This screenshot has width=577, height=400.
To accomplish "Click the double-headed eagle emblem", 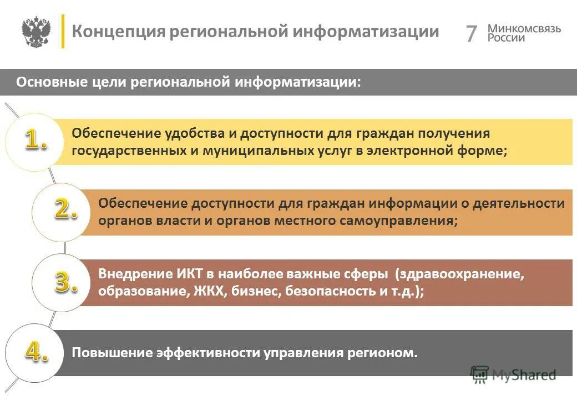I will pos(36,32).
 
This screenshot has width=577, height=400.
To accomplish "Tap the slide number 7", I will pos(471,34).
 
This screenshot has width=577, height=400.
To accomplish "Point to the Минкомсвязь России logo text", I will pos(524,33).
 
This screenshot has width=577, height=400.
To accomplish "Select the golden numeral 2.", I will pos(65,209).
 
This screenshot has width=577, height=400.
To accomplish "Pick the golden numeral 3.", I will pos(65,282).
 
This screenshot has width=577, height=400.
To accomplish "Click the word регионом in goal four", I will pos(386,353).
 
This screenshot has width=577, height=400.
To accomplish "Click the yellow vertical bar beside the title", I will pos(63,31).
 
